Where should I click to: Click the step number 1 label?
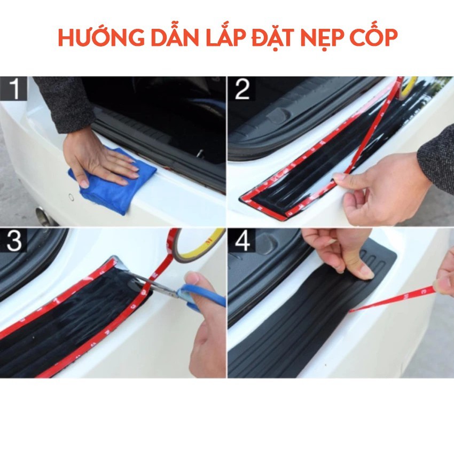pos(13,89)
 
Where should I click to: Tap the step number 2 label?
pos(242,89)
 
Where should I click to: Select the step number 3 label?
pos(13,240)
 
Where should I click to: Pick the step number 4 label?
pos(242,240)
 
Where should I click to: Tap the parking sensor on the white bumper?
pos(71,197)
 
